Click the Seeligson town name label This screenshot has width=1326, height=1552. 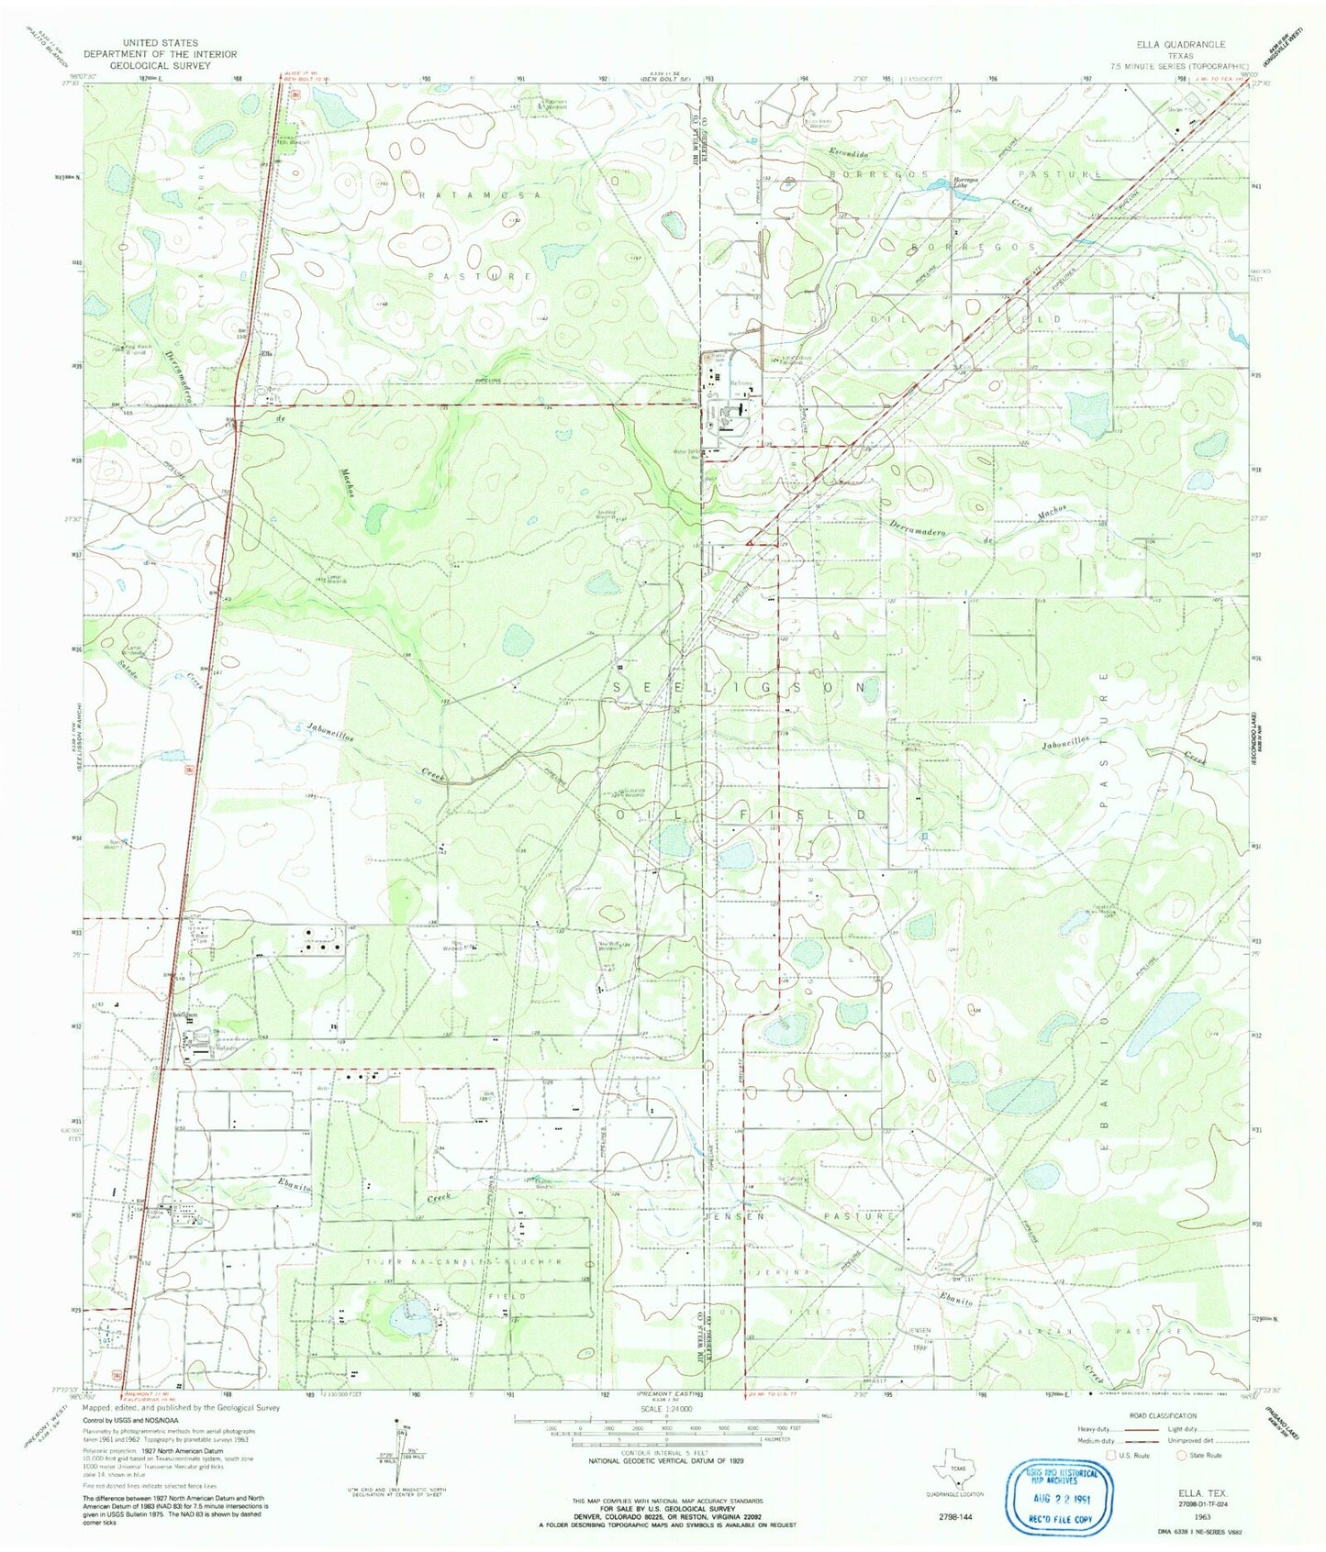186,1015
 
